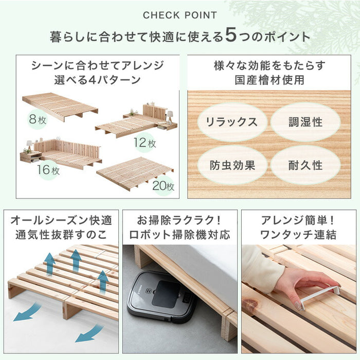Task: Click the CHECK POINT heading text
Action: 179,15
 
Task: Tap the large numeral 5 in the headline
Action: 231,37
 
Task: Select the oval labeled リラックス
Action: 231,122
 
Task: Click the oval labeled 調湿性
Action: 304,122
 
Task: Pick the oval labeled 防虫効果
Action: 231,165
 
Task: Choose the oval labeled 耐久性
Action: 304,165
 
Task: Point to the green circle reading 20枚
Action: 163,185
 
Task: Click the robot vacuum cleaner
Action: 161,297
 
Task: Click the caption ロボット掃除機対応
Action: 179,235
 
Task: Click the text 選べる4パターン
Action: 97,80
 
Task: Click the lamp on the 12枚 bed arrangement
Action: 169,116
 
